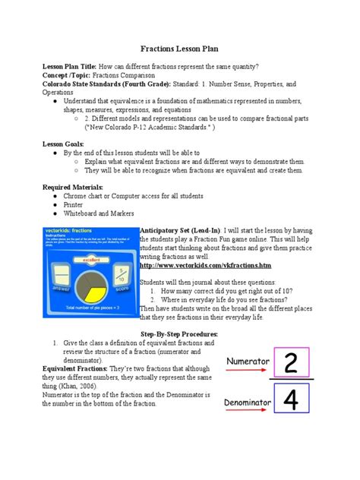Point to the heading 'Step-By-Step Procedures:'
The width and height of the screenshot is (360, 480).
point(180,334)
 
